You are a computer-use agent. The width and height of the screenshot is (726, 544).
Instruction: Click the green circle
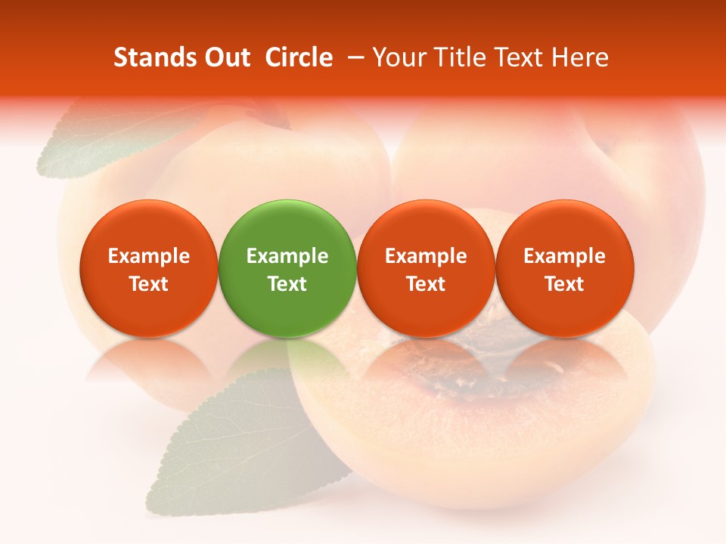(x=287, y=268)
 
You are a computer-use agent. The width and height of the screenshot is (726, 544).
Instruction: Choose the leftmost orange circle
(x=149, y=268)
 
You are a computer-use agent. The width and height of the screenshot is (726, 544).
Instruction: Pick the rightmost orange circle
(x=565, y=268)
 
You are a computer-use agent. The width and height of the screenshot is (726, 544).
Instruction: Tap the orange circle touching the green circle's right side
(x=426, y=268)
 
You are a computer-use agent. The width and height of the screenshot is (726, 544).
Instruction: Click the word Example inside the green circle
(x=287, y=256)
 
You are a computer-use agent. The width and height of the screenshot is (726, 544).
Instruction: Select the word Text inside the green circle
(x=287, y=284)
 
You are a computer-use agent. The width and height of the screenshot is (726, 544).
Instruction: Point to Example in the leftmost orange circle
(x=149, y=256)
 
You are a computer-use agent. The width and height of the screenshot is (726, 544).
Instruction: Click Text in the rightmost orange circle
(x=565, y=284)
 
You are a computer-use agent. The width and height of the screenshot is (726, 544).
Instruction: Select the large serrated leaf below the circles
(x=242, y=438)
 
